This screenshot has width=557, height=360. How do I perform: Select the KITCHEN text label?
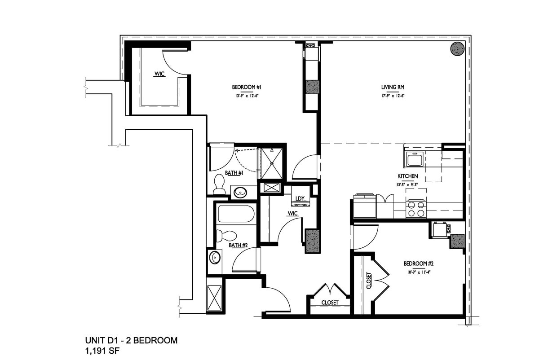coord(407,176)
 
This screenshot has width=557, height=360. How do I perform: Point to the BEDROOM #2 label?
coord(418,263)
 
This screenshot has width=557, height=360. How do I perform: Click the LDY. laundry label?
coord(300,198)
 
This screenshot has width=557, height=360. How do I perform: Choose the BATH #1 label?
coord(234,173)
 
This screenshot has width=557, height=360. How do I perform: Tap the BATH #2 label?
coord(238,245)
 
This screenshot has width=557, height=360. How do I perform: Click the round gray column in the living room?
coord(457,48)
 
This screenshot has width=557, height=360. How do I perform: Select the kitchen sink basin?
coord(414,159)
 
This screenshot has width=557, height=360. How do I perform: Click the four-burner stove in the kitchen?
coord(416,209)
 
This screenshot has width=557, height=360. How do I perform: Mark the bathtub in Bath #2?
coord(236,214)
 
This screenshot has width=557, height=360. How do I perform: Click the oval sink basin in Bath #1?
coord(240,193)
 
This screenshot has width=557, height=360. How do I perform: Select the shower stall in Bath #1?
coord(272,163)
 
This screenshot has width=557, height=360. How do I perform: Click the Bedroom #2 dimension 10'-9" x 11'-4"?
coord(418,272)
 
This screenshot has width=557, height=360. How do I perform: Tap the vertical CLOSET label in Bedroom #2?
coord(369,281)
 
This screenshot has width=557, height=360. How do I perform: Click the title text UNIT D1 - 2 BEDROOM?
coord(131,340)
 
